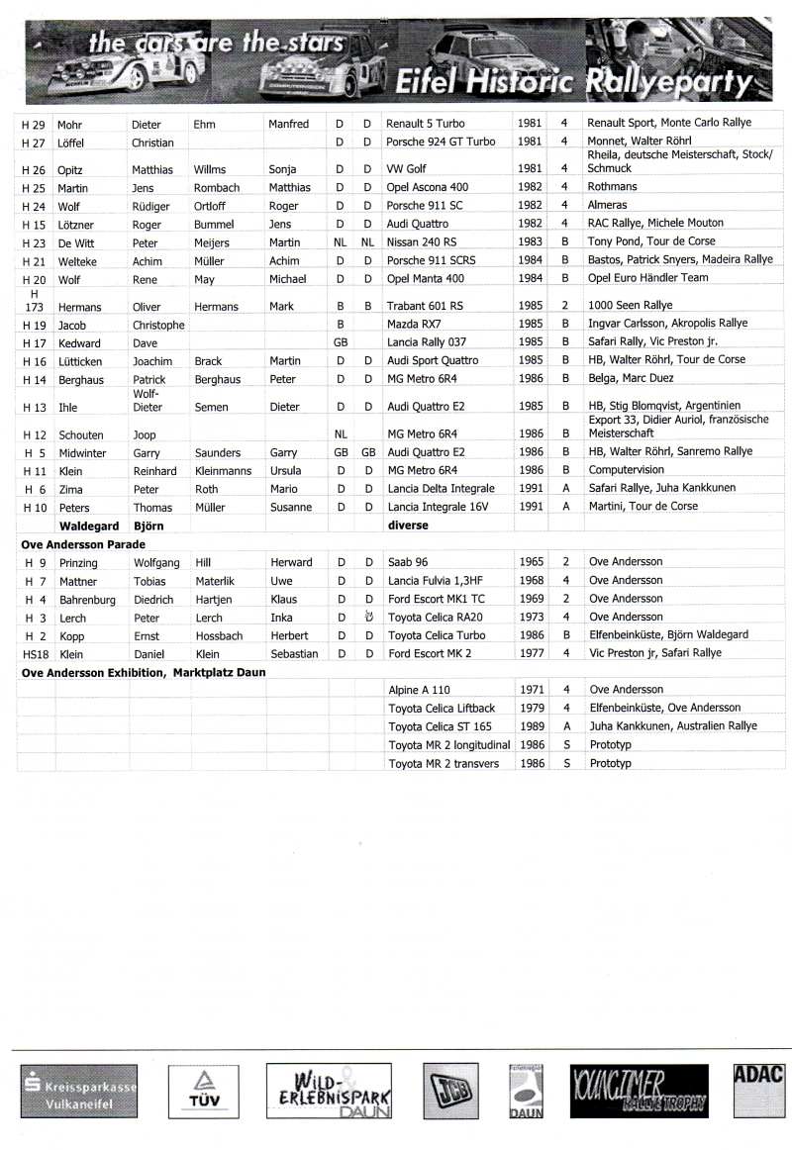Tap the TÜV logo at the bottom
(x=198, y=1092)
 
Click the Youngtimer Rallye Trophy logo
(x=639, y=1092)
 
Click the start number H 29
(x=33, y=124)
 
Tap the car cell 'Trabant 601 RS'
(x=426, y=306)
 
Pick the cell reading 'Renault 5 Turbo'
(x=426, y=124)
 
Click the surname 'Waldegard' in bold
(x=89, y=526)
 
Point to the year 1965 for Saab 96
(x=532, y=562)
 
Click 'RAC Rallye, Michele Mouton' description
(x=655, y=223)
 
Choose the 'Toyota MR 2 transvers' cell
(x=444, y=763)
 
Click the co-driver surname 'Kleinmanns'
(x=224, y=471)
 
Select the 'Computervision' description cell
(x=629, y=470)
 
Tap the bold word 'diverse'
(x=407, y=526)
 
